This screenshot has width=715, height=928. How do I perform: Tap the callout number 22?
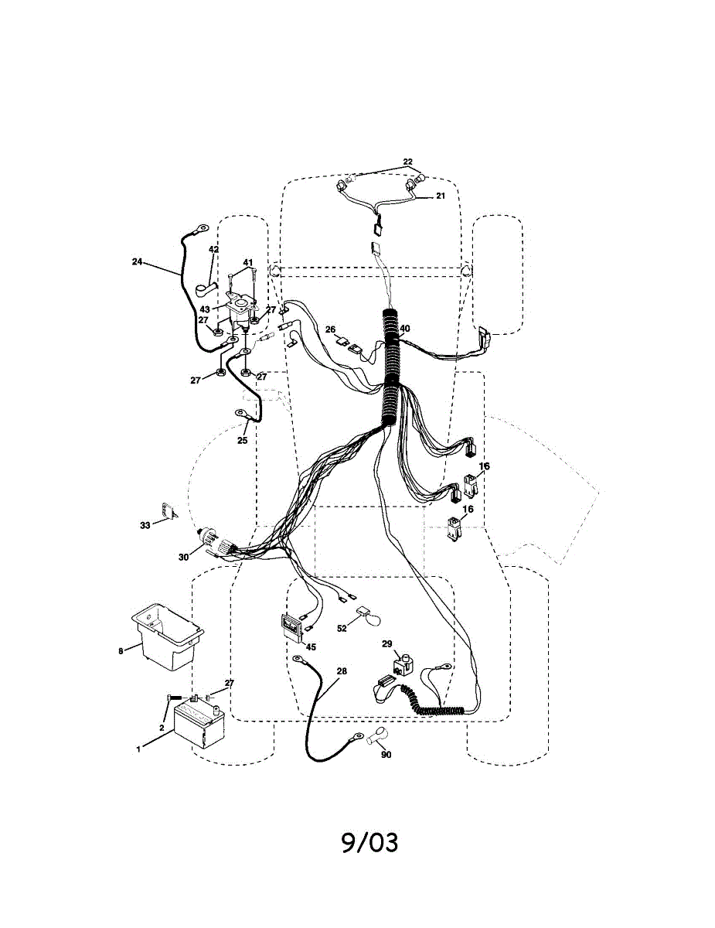(x=407, y=162)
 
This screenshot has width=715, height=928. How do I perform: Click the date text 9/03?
(x=369, y=842)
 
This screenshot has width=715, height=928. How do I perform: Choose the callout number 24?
(x=137, y=261)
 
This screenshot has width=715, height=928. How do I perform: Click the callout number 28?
(x=342, y=671)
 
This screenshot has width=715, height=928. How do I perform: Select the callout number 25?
(x=242, y=441)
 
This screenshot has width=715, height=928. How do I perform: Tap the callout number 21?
(x=441, y=196)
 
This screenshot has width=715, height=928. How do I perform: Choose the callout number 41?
(x=248, y=263)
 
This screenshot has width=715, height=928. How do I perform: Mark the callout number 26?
(x=330, y=329)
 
